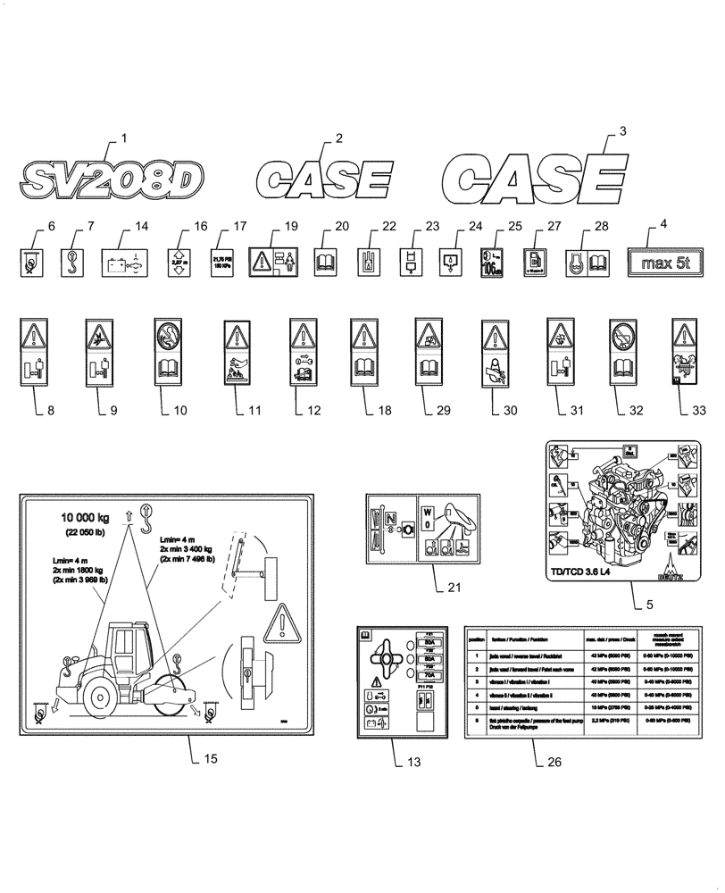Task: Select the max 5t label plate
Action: (668, 263)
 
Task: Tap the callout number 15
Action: (210, 759)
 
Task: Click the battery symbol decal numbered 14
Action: (125, 263)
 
